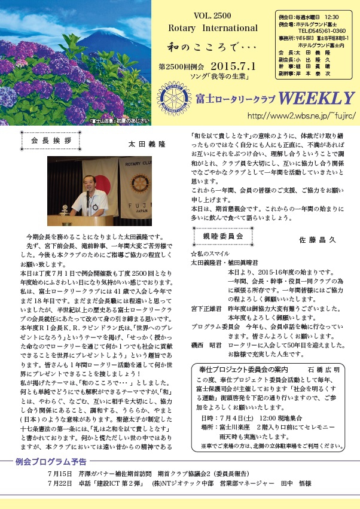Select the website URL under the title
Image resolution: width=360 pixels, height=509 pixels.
coord(300,115)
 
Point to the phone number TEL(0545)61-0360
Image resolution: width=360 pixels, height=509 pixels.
coord(322,29)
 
